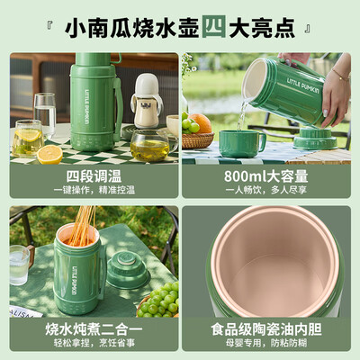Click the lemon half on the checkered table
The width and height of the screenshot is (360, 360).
click(49, 154)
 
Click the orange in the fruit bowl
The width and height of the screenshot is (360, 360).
click(202, 121)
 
